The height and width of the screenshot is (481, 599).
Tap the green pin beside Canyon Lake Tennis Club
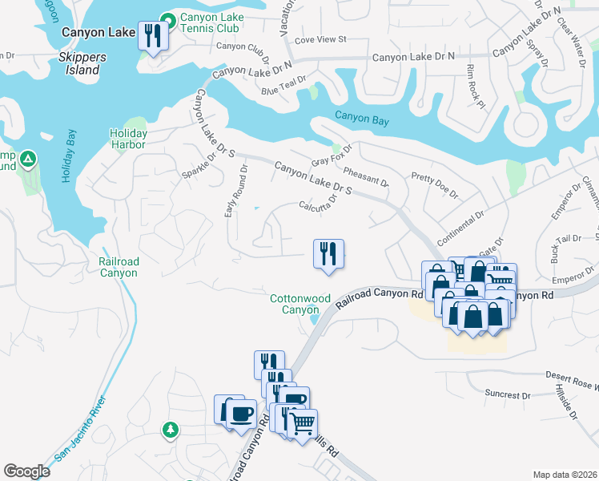click(168, 19)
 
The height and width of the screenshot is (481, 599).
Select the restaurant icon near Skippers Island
click(151, 36)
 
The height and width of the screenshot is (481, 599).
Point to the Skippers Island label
click(79, 64)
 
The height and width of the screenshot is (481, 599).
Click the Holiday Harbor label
click(128, 139)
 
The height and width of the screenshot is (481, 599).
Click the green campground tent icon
click(28, 160)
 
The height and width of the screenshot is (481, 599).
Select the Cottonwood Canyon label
click(299, 304)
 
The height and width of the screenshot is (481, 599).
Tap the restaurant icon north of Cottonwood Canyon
click(328, 254)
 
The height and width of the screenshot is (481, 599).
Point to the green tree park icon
click(170, 430)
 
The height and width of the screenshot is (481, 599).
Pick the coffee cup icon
click(240, 414)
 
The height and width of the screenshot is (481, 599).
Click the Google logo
click(26, 471)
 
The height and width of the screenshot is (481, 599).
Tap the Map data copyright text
click(565, 475)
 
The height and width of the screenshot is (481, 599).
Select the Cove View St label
click(320, 38)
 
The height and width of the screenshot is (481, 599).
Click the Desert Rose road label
click(561, 375)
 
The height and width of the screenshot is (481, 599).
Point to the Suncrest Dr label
click(509, 394)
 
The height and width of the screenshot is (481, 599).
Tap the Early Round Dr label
click(237, 191)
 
